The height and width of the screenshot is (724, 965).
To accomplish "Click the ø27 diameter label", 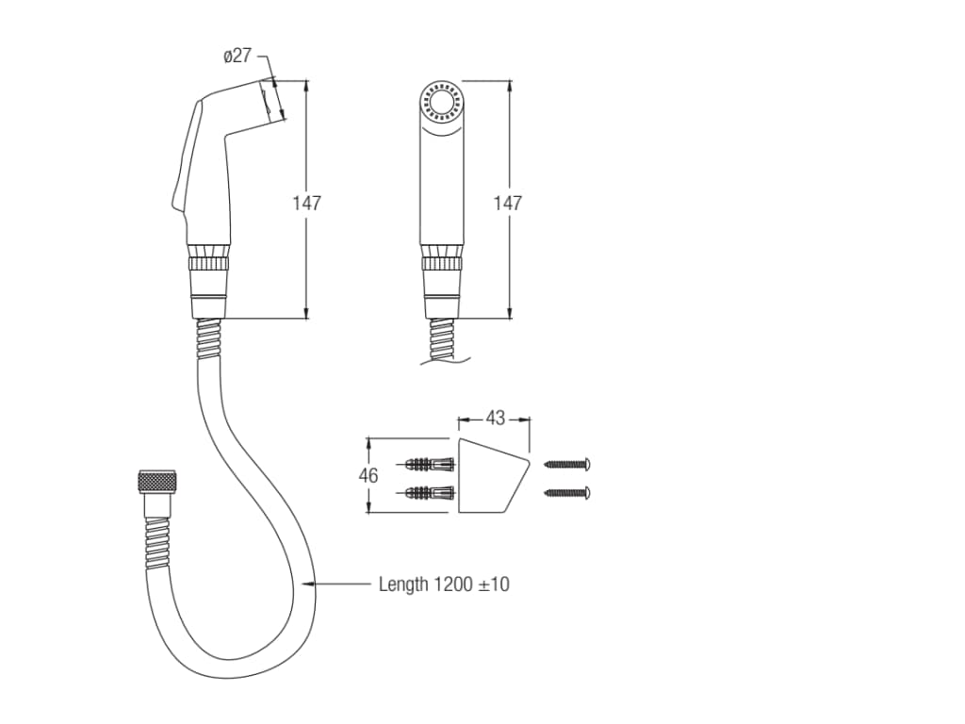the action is click(237, 56).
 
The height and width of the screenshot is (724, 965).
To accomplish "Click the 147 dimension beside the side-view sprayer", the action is click(306, 203).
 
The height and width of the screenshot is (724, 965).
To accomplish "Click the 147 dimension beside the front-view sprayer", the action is click(508, 203).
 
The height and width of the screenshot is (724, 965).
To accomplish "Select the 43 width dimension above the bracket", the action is click(496, 419).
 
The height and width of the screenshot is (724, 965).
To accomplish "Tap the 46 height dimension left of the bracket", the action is click(368, 475).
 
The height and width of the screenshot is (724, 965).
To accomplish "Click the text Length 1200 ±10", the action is click(444, 584).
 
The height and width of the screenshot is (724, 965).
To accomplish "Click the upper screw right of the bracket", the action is click(567, 464).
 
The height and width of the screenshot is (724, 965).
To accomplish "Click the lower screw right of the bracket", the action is click(567, 492).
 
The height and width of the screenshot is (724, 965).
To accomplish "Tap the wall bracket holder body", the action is click(492, 475).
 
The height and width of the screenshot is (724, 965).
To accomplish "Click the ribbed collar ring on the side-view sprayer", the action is click(209, 264).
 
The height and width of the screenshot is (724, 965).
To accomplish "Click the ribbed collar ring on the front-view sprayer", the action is click(441, 264).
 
